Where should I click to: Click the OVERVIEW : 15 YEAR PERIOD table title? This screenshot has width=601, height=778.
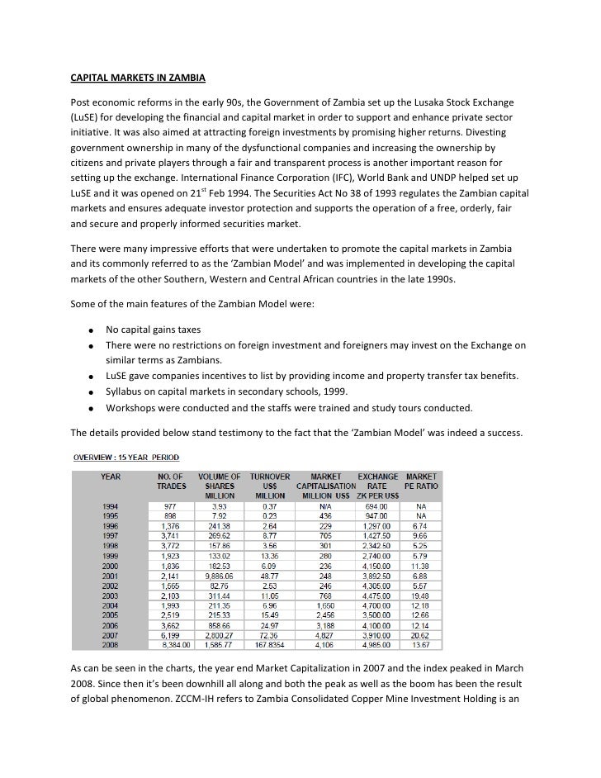(129, 458)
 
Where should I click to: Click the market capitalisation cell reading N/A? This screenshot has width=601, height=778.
(325, 505)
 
